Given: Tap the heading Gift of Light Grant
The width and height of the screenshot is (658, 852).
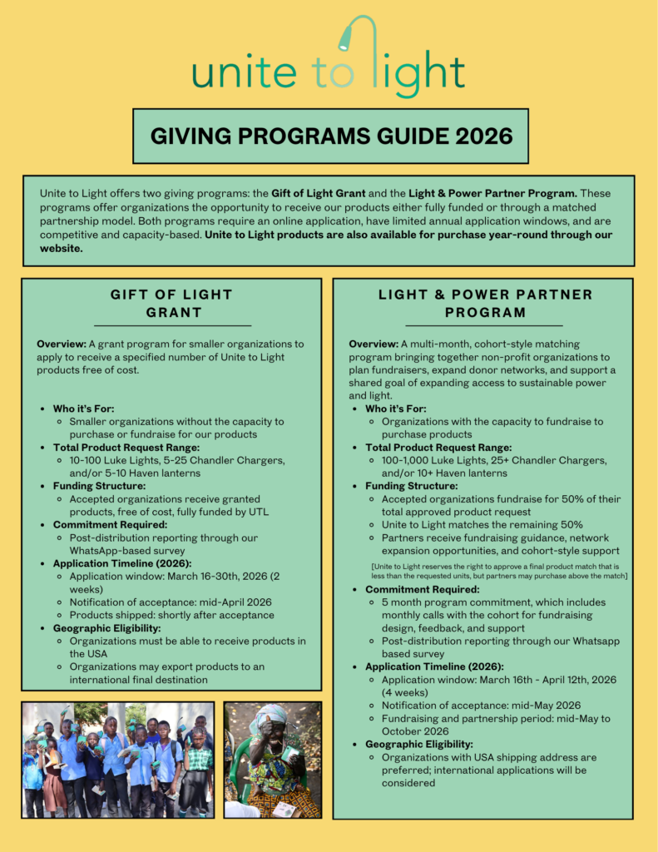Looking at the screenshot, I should [172, 304].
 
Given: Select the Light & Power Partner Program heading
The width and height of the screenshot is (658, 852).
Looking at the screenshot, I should [484, 304].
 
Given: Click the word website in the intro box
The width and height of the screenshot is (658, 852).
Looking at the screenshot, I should [62, 249].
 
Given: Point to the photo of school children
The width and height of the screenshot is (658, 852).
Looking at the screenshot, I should [117, 760].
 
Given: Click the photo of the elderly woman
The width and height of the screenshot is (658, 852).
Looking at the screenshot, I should [272, 760].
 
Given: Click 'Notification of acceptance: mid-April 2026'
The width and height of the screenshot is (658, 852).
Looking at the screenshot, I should [171, 602].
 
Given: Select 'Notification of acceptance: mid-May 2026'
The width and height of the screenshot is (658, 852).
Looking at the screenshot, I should [481, 705].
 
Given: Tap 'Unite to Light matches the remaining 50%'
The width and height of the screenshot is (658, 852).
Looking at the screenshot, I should [482, 524].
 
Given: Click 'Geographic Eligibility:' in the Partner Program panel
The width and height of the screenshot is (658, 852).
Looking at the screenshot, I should [419, 744].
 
